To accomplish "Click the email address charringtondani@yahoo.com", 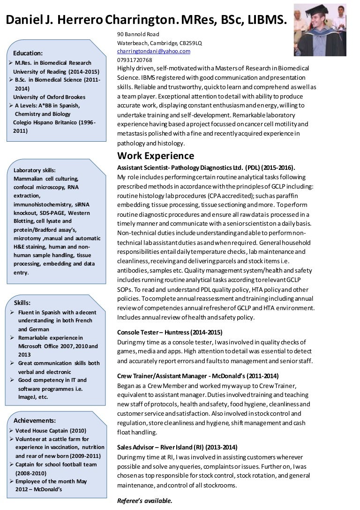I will [x=153, y=51].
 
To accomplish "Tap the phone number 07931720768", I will [x=135, y=60].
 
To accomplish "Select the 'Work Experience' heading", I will [x=155, y=156].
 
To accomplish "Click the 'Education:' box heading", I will [x=28, y=53].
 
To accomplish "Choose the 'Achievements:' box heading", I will [x=35, y=420].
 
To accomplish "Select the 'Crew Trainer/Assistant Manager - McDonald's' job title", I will [x=198, y=376].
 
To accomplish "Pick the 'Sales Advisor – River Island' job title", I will [x=177, y=447].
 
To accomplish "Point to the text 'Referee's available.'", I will [x=145, y=501].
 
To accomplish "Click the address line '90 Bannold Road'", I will [x=138, y=34].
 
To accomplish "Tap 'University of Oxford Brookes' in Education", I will [x=49, y=97].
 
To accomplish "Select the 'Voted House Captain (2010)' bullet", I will [x=50, y=430].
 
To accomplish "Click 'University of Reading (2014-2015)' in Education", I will [x=56, y=72].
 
